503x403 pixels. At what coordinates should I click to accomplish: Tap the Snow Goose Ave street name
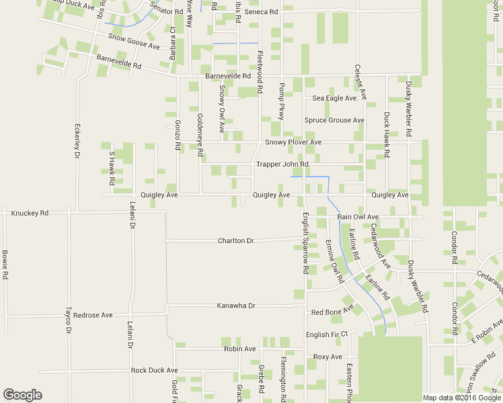(134, 42)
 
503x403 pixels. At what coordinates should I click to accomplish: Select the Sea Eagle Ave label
(334, 98)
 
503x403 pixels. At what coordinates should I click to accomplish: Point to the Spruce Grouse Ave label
(334, 120)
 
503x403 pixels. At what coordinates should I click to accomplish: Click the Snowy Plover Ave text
(293, 142)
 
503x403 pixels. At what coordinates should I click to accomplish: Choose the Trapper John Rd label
(282, 164)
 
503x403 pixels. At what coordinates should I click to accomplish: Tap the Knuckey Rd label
(30, 213)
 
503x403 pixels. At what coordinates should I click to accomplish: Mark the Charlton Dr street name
(235, 240)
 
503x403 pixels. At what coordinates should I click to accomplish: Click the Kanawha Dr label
(236, 306)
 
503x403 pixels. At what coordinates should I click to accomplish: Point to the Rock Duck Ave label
(154, 370)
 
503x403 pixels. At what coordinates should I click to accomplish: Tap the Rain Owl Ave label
(358, 217)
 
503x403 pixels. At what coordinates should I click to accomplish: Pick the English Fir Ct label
(326, 334)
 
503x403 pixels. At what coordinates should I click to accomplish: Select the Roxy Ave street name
(328, 357)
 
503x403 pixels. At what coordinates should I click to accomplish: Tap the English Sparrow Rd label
(305, 242)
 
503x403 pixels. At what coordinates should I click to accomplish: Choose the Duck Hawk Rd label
(387, 134)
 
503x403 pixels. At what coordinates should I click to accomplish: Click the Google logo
(22, 395)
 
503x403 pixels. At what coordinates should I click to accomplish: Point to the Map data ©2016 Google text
(461, 398)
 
